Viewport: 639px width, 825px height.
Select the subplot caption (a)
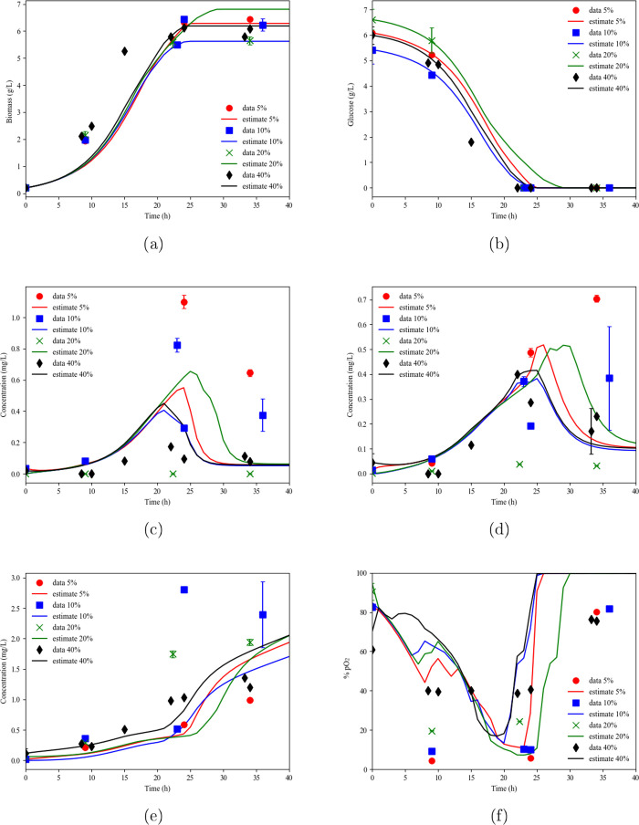pos(157,245)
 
